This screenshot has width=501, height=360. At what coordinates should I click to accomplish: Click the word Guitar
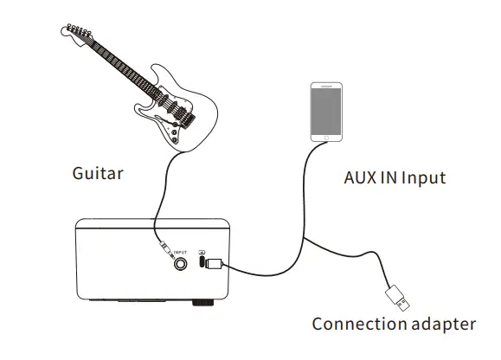[x=97, y=173]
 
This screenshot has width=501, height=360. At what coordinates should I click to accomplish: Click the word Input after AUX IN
[x=421, y=178]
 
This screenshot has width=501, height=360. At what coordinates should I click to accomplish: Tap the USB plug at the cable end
[x=399, y=298]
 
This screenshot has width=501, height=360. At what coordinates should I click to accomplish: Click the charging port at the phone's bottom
[x=325, y=139]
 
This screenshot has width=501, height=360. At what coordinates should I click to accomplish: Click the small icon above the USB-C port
[x=202, y=252]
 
